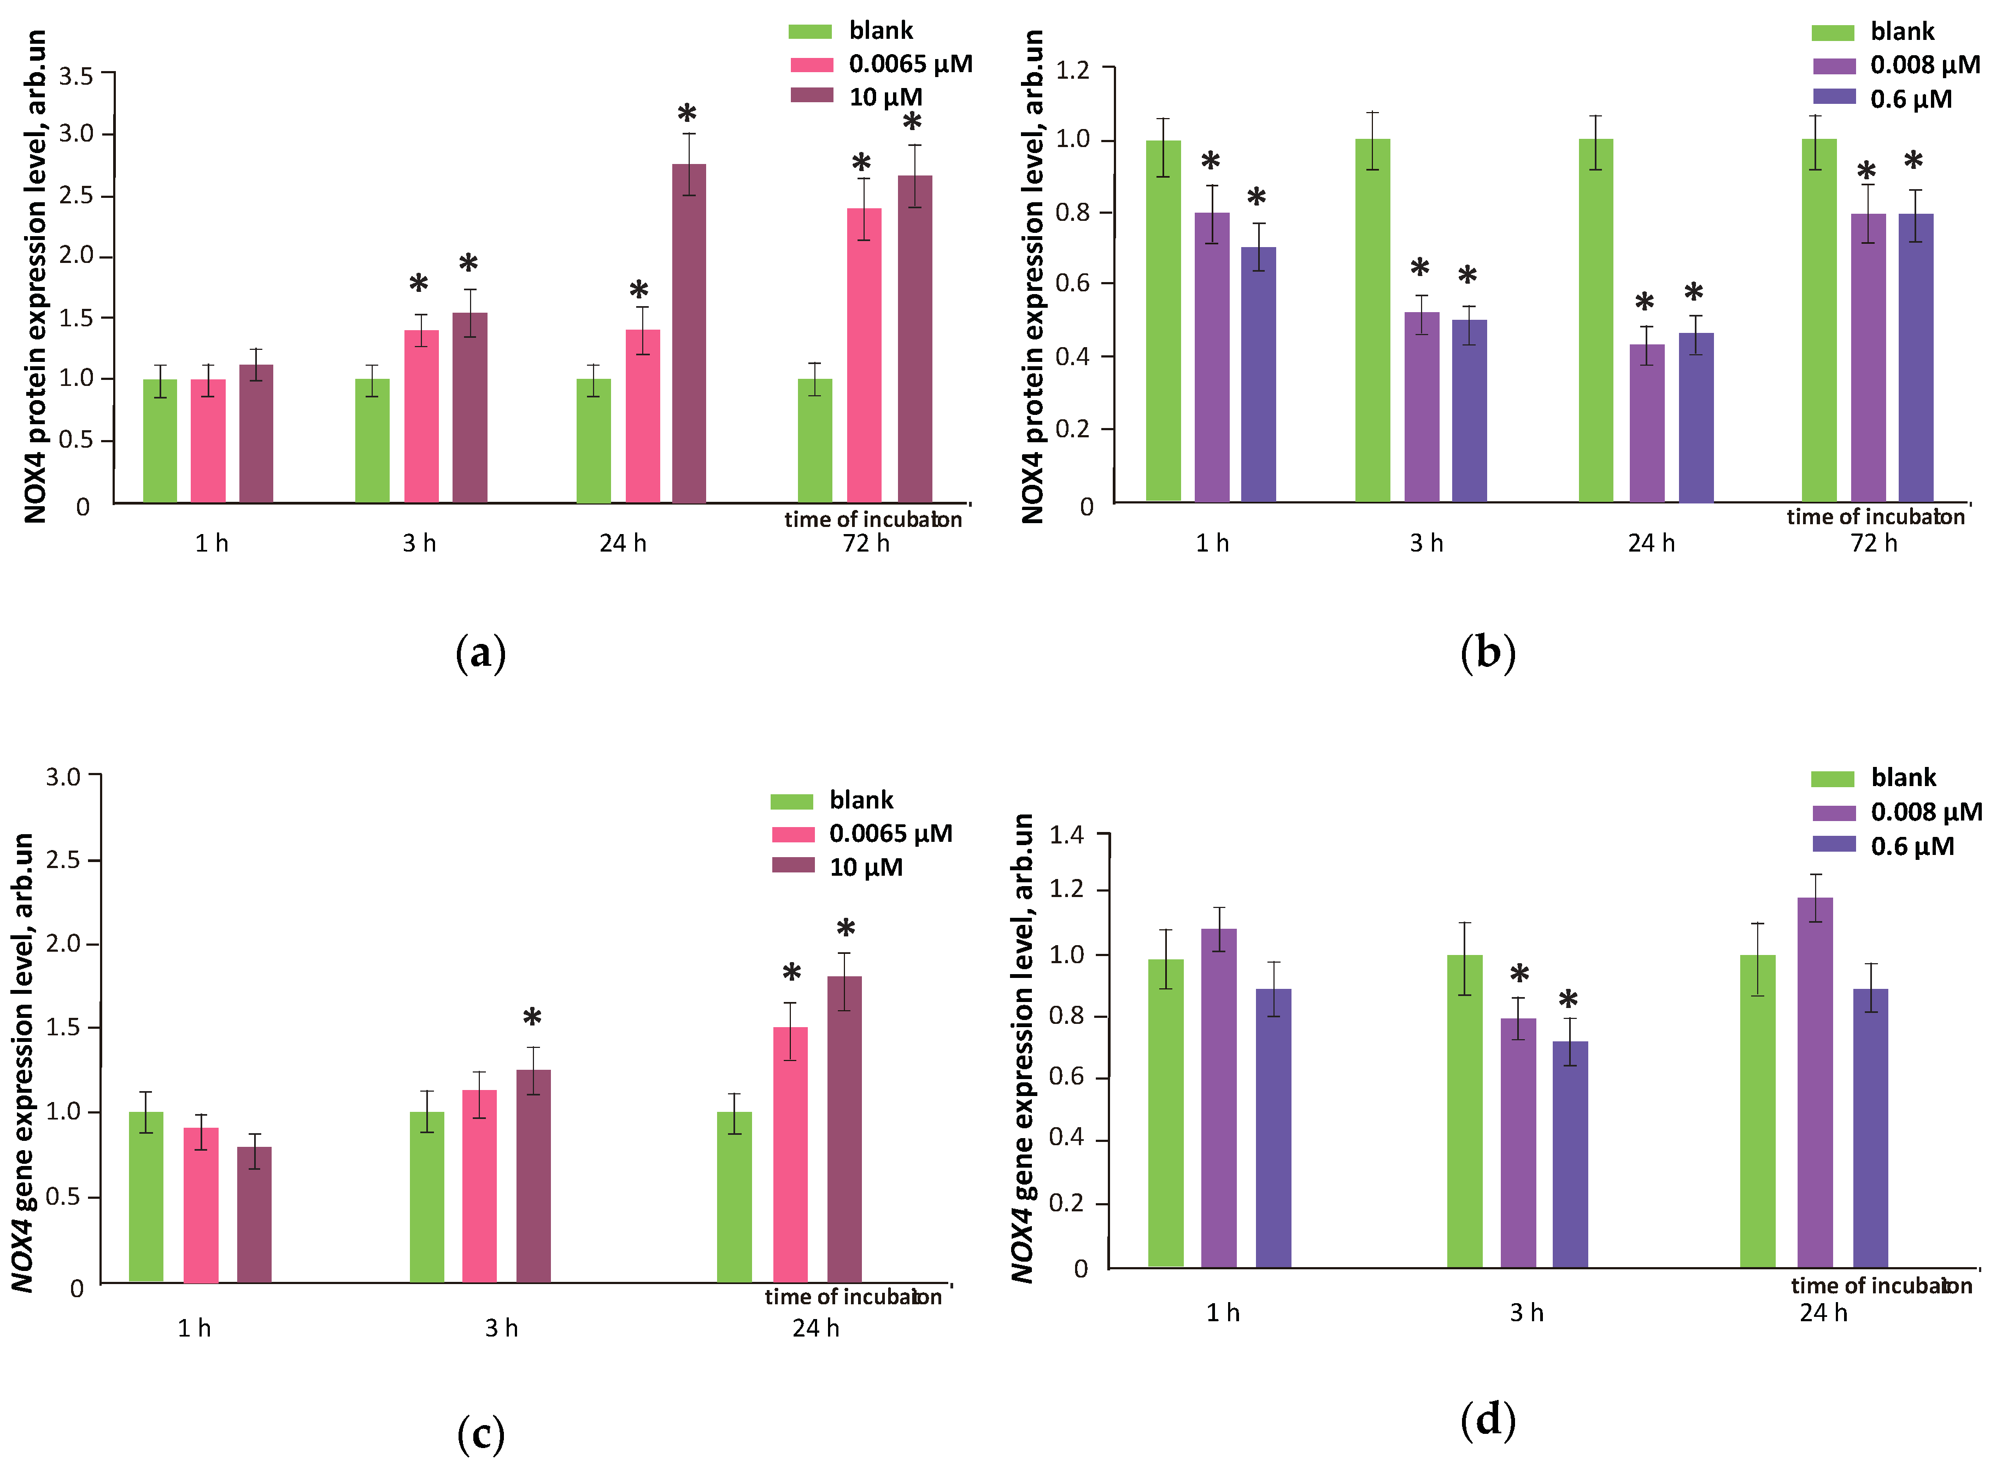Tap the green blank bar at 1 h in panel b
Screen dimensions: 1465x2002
tap(1163, 319)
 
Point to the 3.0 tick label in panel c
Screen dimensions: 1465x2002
tap(63, 778)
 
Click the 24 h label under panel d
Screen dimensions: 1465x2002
tap(1823, 1312)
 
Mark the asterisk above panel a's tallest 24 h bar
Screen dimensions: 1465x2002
tap(687, 114)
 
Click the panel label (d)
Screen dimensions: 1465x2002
tap(1488, 1419)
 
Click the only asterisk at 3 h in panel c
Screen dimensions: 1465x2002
tap(532, 1017)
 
